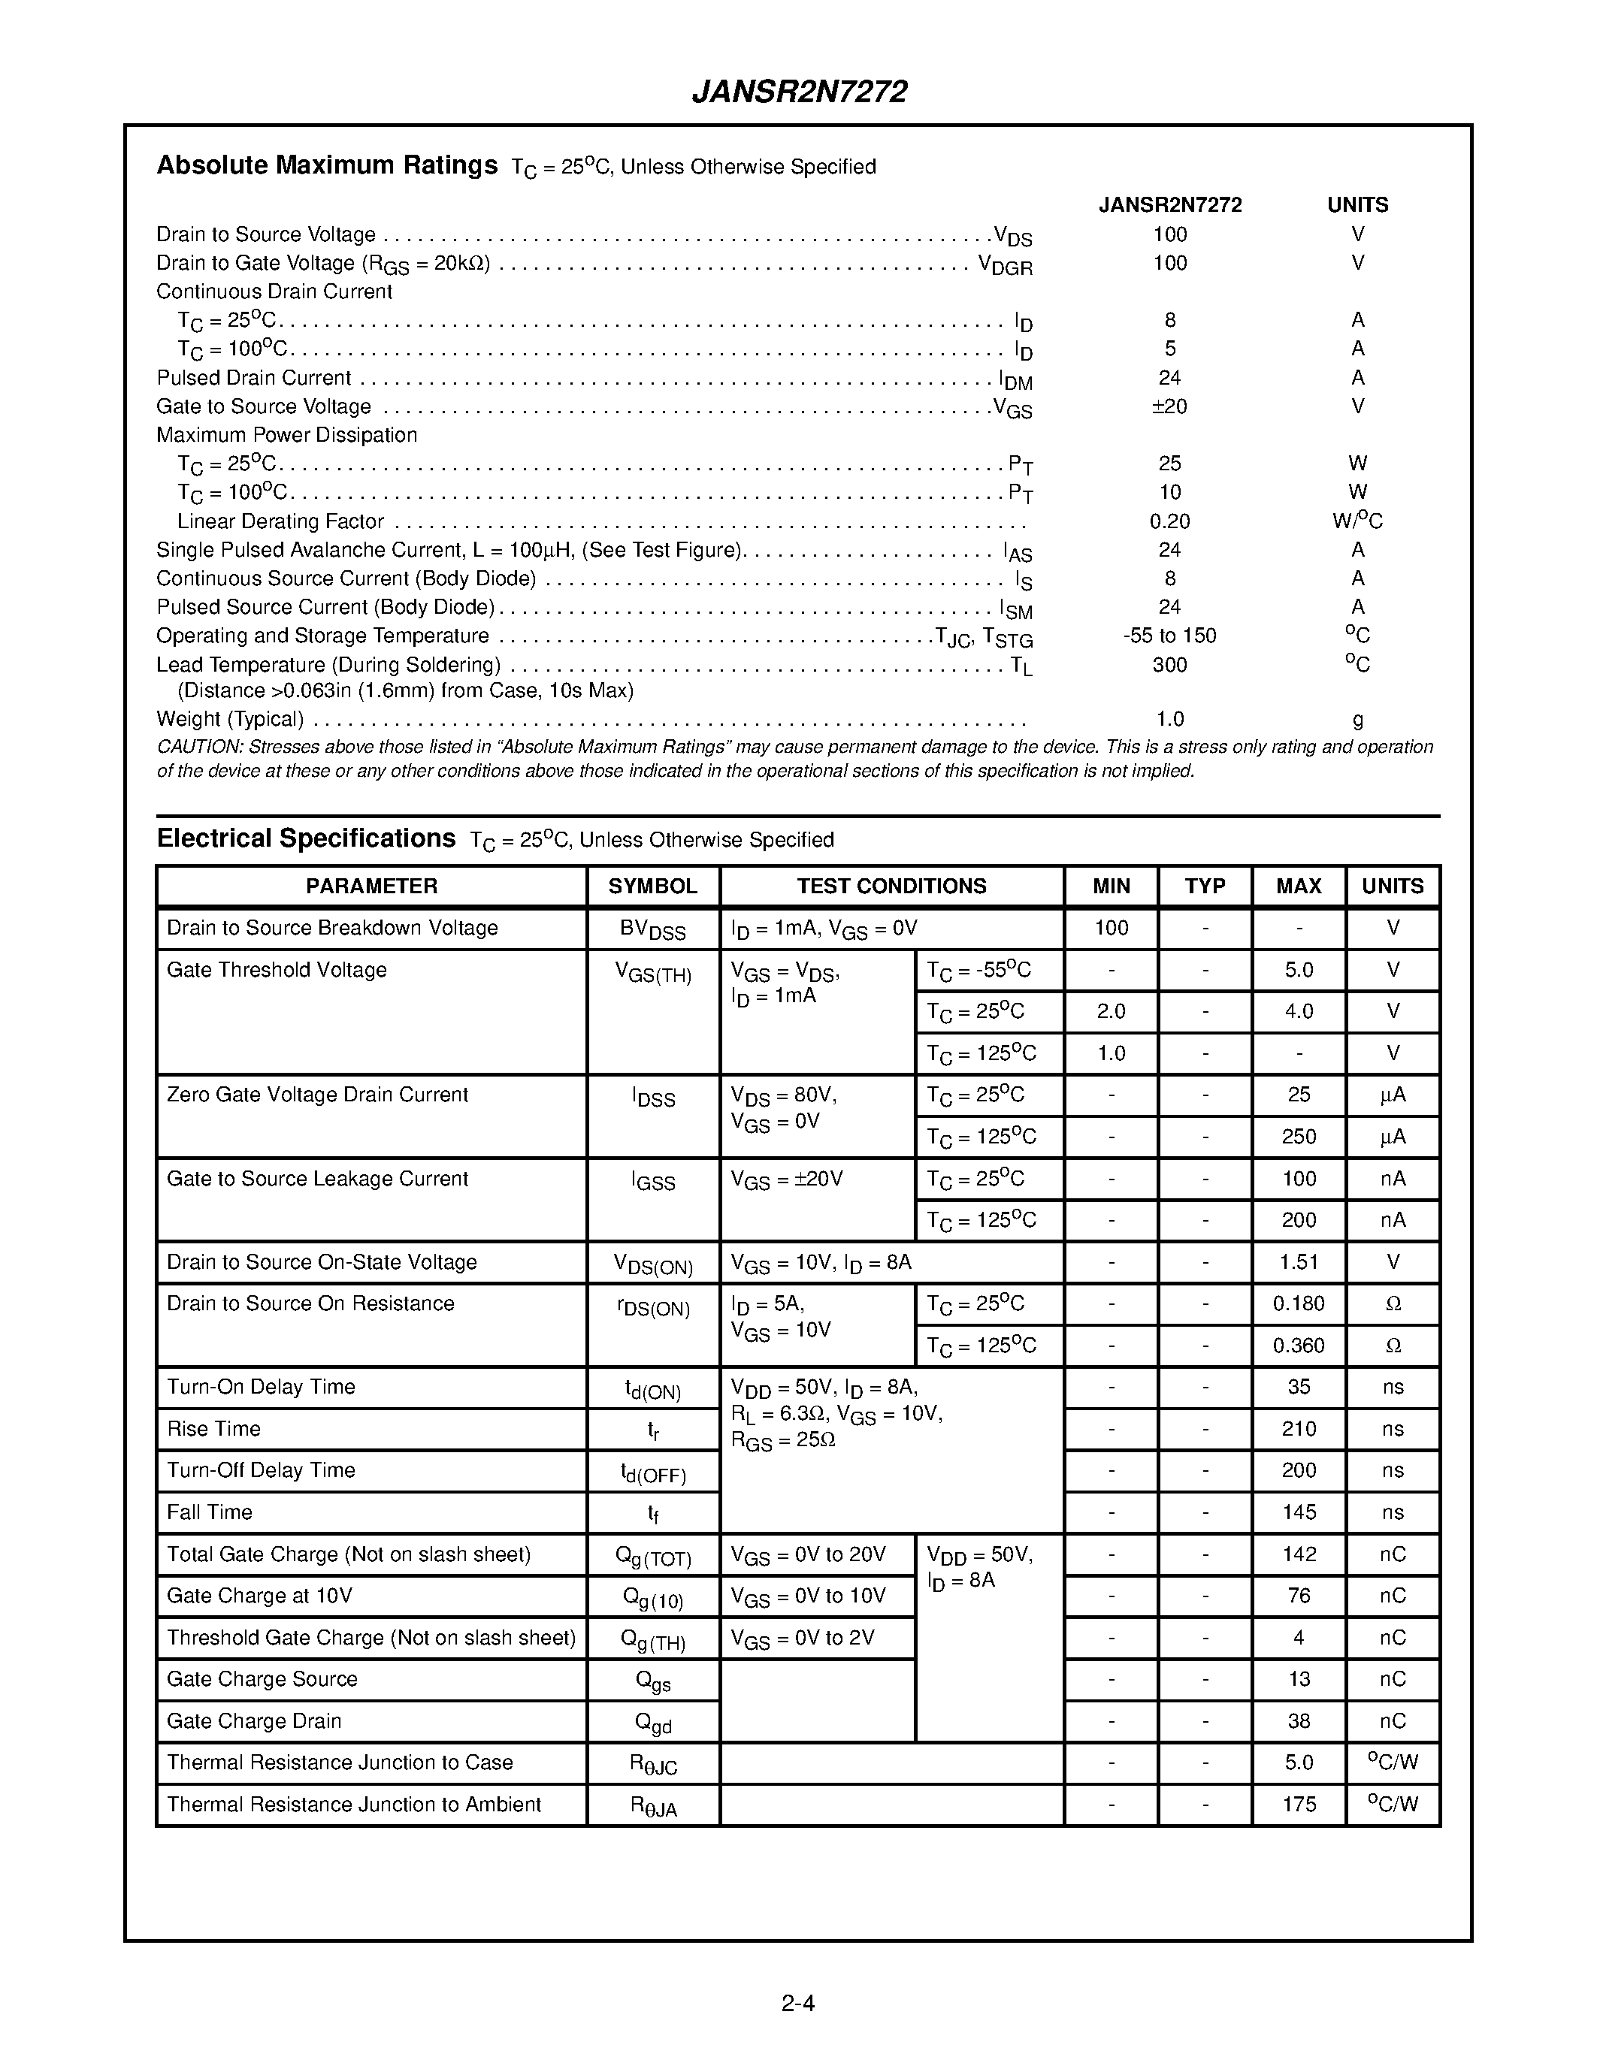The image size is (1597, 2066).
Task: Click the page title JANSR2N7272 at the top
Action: coord(800,92)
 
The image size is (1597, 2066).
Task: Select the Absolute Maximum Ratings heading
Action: coord(326,165)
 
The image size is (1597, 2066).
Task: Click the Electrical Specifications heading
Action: coord(306,838)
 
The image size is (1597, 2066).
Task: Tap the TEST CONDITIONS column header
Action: coord(891,887)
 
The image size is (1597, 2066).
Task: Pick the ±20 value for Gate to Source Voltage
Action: coord(1169,406)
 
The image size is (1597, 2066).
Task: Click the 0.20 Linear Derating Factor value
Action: coord(1169,521)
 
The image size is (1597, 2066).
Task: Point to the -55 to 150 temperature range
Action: coord(1169,636)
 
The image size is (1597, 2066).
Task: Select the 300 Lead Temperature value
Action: coord(1169,665)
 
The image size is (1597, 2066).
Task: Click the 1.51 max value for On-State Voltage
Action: coord(1298,1262)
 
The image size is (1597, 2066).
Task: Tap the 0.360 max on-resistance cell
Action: coord(1298,1346)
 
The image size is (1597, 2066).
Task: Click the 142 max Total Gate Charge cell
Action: coord(1298,1554)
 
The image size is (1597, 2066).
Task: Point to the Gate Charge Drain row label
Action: coord(253,1720)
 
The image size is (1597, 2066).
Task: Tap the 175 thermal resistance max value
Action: coord(1298,1804)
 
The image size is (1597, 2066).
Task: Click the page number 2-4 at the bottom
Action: coord(797,2003)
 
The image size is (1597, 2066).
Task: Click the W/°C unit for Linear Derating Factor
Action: coord(1357,521)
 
